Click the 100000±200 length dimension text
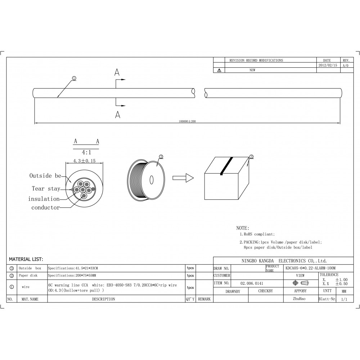tap(187, 121)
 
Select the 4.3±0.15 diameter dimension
tap(84, 161)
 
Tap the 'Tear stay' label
tap(46, 188)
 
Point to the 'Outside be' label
tap(45, 176)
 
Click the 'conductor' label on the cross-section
tap(45, 207)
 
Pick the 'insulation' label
tap(44, 199)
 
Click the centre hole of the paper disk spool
tap(151, 179)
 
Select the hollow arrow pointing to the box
tap(183, 178)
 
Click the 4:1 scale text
tap(87, 153)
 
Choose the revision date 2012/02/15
tap(328, 66)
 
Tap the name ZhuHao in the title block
tap(300, 299)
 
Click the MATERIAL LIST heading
tap(26, 259)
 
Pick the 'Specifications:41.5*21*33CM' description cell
tap(73, 269)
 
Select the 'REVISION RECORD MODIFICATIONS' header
tap(256, 60)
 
